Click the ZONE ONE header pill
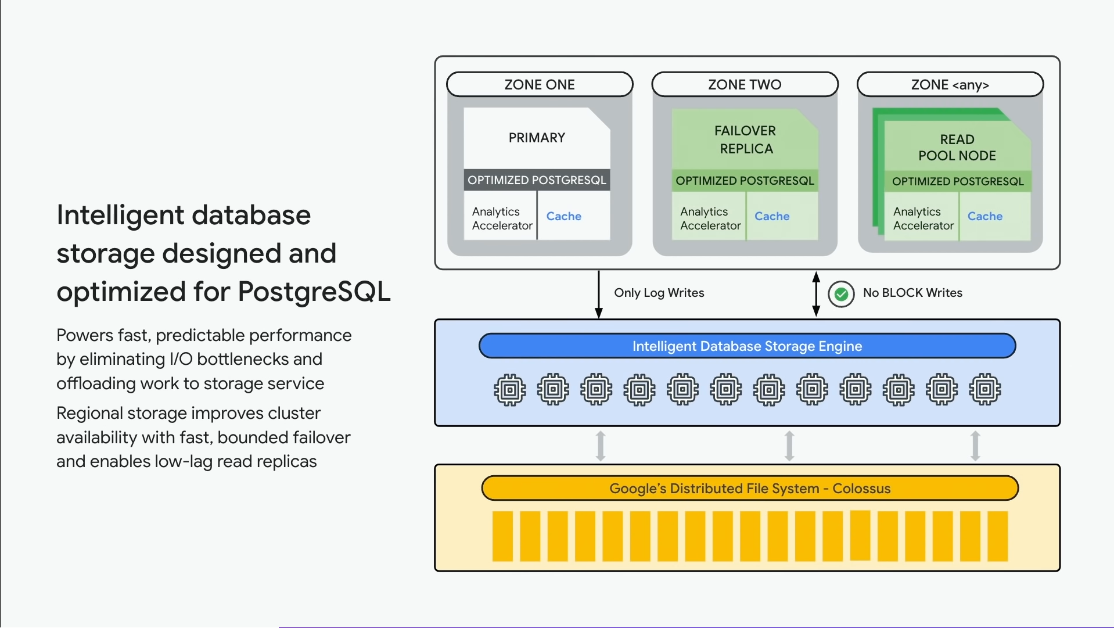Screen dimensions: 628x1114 click(539, 84)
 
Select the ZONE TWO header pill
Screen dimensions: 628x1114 click(745, 84)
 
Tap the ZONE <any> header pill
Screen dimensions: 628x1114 click(950, 84)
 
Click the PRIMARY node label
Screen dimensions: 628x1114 click(537, 138)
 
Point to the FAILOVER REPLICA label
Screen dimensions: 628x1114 click(745, 139)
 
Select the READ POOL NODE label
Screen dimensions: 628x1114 click(957, 148)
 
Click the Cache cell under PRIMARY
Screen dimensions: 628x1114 click(563, 216)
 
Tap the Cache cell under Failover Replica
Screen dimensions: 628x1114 click(772, 216)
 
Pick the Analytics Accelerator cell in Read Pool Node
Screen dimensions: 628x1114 click(923, 218)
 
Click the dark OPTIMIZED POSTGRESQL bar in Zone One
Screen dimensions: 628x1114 click(537, 180)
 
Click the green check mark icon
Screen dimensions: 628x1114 click(840, 294)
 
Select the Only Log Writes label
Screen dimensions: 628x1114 click(659, 293)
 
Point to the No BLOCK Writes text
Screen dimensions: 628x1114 click(912, 293)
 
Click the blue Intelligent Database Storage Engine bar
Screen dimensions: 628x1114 click(747, 346)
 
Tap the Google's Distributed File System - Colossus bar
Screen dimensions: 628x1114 click(749, 489)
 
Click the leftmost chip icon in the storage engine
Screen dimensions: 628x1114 click(509, 390)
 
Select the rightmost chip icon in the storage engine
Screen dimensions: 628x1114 click(984, 390)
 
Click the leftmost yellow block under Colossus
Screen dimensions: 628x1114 click(502, 536)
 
